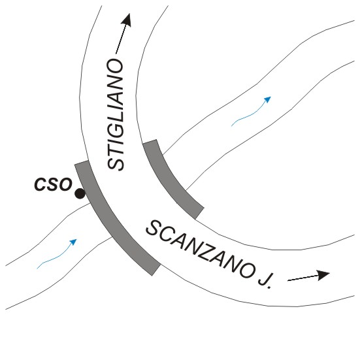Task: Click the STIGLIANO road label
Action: (x=116, y=114)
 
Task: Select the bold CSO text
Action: (x=53, y=184)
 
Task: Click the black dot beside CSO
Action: (x=80, y=193)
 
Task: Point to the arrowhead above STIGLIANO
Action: (x=126, y=20)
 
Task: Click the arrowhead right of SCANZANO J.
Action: (x=323, y=275)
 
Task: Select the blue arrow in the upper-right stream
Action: (x=251, y=112)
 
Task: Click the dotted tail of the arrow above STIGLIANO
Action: (x=121, y=40)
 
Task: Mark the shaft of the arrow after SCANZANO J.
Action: (x=303, y=278)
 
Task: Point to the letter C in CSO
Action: (x=41, y=184)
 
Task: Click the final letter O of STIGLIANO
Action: (x=116, y=67)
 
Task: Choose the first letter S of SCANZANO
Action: (x=154, y=228)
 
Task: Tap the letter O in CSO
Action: (x=66, y=184)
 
